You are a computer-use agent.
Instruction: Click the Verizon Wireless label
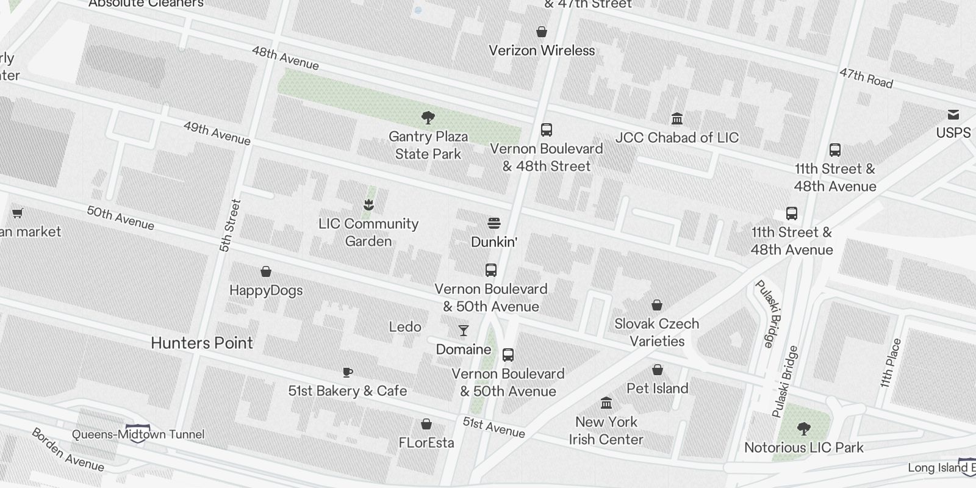542,51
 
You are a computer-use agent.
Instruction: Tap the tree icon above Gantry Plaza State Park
428,117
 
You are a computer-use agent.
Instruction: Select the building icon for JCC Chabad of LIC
676,118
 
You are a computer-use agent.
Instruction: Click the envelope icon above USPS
953,115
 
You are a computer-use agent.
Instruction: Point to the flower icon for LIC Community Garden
368,204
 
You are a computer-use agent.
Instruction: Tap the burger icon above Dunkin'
494,223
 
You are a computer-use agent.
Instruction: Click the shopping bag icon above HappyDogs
266,271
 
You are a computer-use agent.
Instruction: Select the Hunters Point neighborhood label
201,343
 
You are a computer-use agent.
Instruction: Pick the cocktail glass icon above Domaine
464,331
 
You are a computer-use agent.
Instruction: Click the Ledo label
405,327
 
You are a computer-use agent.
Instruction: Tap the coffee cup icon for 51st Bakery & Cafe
347,372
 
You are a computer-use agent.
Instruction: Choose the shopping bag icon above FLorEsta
426,424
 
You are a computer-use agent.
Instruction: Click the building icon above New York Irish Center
606,403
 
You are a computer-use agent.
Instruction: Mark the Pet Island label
657,388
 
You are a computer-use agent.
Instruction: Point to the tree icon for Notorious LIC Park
803,429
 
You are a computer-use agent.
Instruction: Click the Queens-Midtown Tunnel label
138,434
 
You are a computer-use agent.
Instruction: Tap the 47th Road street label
866,77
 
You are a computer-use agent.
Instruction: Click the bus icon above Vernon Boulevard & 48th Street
547,129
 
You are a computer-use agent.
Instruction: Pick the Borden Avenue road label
68,450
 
